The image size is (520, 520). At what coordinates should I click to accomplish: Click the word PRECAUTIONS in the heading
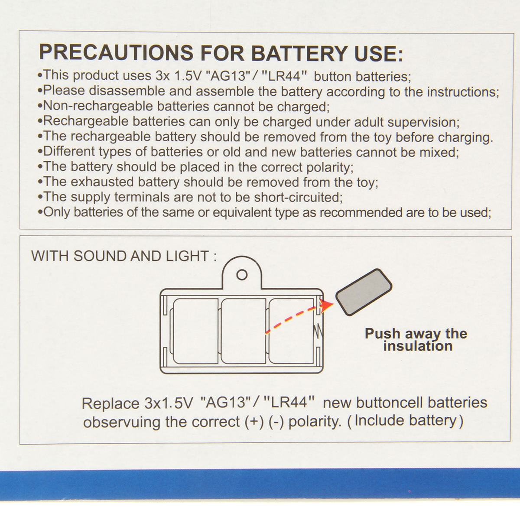pyautogui.click(x=116, y=52)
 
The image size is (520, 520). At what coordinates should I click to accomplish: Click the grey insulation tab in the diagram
pyautogui.click(x=364, y=292)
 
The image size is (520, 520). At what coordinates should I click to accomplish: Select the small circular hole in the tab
pyautogui.click(x=242, y=275)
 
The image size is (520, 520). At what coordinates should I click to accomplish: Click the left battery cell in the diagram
pyautogui.click(x=195, y=331)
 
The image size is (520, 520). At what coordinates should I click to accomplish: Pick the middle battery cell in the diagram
pyautogui.click(x=244, y=331)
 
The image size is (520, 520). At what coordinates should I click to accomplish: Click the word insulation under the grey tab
pyautogui.click(x=418, y=347)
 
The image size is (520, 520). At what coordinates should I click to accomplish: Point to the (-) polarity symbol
pyautogui.click(x=276, y=422)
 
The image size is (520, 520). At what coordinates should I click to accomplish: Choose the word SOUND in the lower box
pyautogui.click(x=100, y=256)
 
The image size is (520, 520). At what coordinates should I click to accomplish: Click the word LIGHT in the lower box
pyautogui.click(x=187, y=256)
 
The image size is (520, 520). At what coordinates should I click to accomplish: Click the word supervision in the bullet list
pyautogui.click(x=423, y=123)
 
